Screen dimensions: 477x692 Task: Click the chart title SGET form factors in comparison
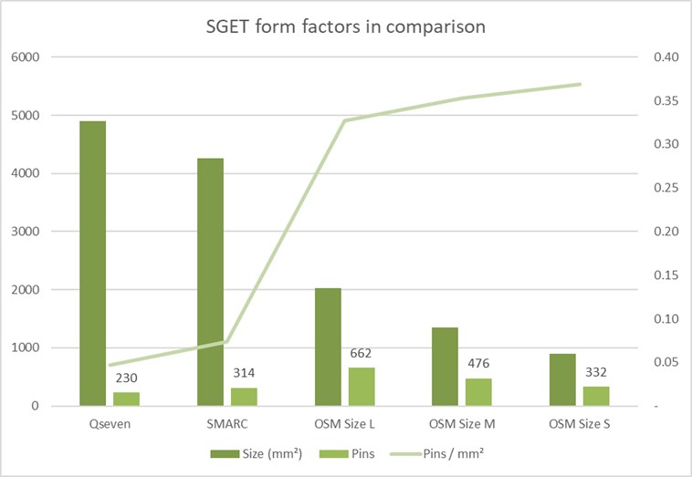(346, 26)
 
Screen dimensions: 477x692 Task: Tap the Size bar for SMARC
(210, 282)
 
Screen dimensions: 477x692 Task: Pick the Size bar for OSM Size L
(328, 347)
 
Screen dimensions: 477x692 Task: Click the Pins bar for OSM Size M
(479, 391)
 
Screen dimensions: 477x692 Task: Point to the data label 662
(362, 353)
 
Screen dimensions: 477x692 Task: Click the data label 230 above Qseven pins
(126, 378)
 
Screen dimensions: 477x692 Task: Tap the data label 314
(244, 373)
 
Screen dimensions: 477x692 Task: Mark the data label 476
(478, 364)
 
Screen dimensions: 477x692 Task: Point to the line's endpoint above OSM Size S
(580, 84)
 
